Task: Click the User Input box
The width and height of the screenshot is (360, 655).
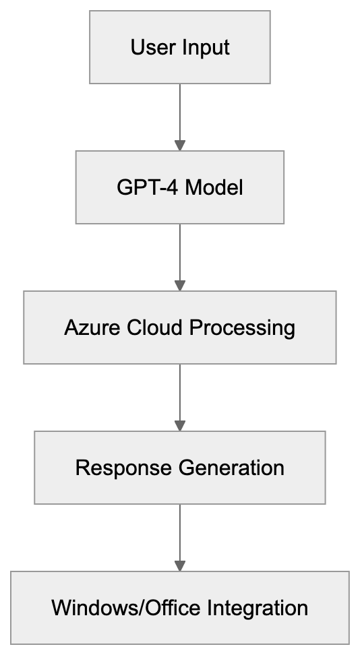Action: (x=180, y=47)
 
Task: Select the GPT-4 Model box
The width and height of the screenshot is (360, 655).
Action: (x=180, y=187)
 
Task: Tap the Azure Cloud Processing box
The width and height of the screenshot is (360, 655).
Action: (x=180, y=327)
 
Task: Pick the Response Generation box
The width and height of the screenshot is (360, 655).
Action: (x=180, y=468)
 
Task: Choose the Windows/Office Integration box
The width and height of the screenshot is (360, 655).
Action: (x=180, y=608)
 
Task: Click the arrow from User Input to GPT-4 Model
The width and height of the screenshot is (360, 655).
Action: (x=180, y=115)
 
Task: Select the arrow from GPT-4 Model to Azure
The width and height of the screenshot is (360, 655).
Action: (x=180, y=255)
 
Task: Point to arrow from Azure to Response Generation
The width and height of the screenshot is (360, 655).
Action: (x=180, y=395)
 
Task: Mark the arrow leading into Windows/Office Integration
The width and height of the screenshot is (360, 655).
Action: (x=180, y=535)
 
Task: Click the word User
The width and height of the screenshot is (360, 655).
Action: (x=147, y=48)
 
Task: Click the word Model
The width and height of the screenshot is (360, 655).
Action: (x=214, y=187)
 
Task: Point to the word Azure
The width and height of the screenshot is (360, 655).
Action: (x=86, y=328)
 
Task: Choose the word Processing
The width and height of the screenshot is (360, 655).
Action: (x=242, y=328)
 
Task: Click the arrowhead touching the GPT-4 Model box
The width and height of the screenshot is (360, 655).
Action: (x=180, y=145)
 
